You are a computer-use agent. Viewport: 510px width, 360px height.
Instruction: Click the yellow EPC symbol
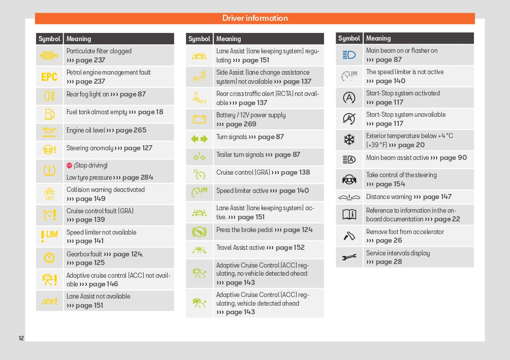coord(49,77)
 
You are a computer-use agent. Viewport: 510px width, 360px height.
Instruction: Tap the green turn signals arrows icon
coord(199,139)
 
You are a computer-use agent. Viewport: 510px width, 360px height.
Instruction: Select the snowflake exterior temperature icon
coord(349,140)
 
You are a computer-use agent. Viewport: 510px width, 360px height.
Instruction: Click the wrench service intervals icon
coord(349,257)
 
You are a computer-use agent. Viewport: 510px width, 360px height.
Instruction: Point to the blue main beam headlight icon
coord(349,55)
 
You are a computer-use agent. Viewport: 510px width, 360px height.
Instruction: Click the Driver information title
coord(255,18)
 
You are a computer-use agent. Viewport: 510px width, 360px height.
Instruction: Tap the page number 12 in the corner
coord(21,338)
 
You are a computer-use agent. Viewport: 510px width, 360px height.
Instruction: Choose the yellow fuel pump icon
coord(49,114)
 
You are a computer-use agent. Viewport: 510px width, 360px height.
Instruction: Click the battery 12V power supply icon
coord(199,119)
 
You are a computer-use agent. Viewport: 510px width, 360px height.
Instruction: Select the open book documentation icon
coord(349,214)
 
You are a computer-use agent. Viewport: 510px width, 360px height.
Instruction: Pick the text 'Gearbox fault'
coord(84,254)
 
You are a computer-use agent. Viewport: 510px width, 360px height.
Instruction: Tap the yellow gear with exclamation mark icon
coord(49,258)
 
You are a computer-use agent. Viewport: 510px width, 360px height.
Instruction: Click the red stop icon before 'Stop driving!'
coord(70,166)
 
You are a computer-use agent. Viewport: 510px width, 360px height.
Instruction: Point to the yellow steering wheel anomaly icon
coord(49,149)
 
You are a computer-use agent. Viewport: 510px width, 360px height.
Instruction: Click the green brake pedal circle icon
coord(199,232)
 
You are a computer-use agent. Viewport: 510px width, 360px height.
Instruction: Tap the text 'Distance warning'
coord(389,197)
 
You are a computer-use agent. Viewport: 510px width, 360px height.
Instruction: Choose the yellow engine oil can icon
coord(49,132)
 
